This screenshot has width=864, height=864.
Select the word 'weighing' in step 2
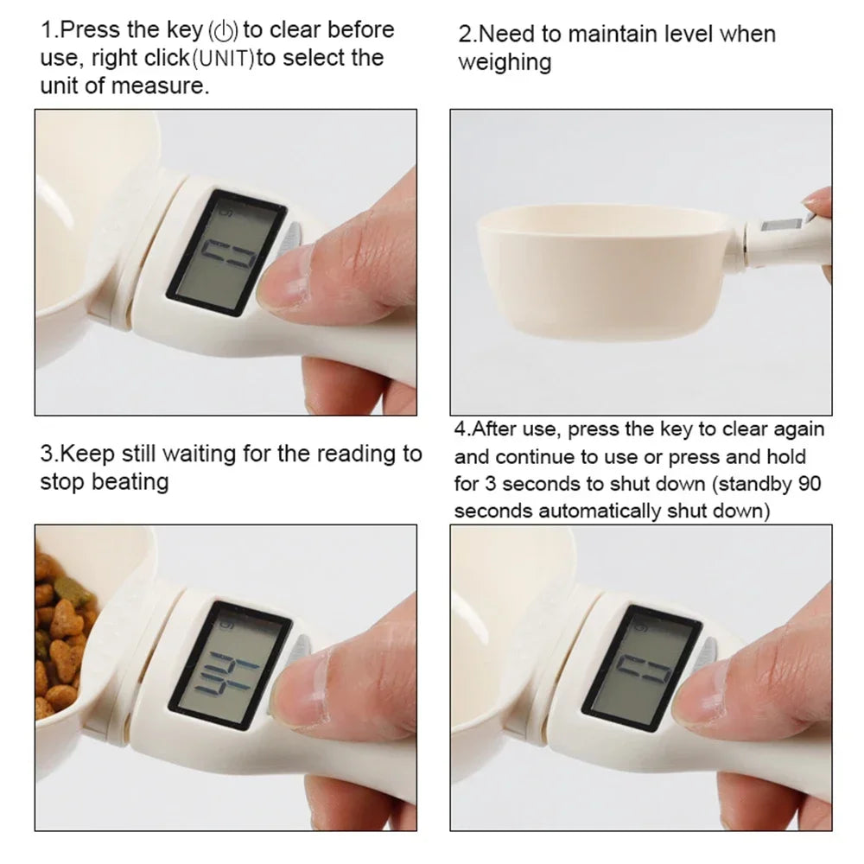tap(505, 62)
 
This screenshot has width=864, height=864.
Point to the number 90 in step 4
tap(810, 484)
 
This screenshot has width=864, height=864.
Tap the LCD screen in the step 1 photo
tap(226, 252)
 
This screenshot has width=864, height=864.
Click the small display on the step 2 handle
tap(782, 226)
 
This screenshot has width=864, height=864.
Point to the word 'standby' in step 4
tap(742, 484)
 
